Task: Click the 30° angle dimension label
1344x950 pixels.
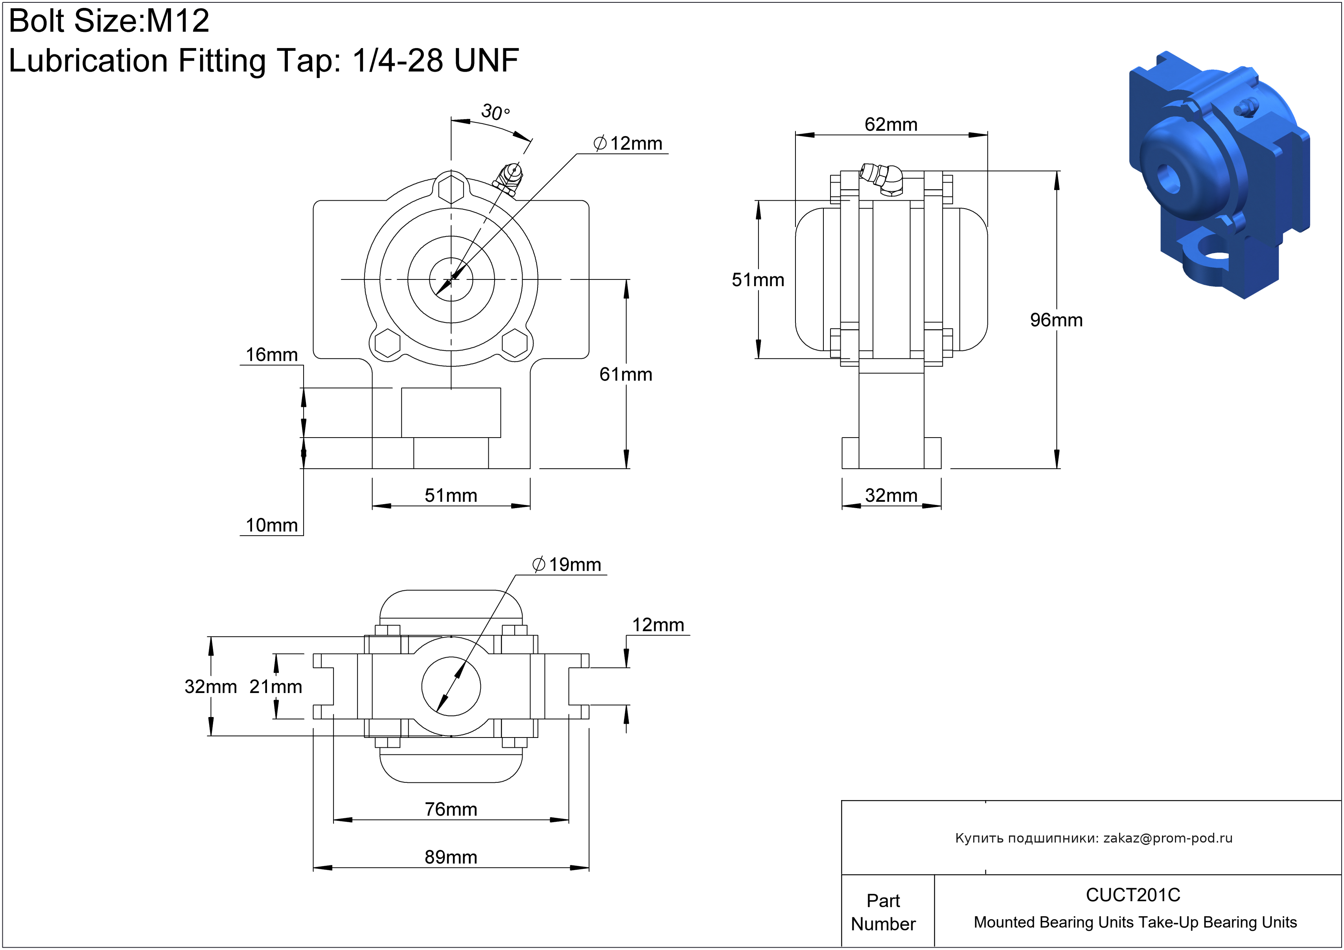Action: tap(495, 111)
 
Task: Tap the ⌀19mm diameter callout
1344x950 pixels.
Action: tap(567, 565)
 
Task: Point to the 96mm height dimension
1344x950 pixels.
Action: tap(1056, 320)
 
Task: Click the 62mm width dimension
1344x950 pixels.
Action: tap(891, 124)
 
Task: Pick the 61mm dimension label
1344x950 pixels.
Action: tap(625, 374)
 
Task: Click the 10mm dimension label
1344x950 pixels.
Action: tap(272, 525)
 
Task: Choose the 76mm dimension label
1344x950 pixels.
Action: tap(451, 810)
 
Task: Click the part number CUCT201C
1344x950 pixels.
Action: tap(1133, 895)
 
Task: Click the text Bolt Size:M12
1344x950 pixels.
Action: tap(109, 21)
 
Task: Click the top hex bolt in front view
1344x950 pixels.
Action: tap(451, 189)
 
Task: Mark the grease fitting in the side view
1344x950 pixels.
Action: tap(882, 177)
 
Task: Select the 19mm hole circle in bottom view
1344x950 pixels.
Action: tap(451, 686)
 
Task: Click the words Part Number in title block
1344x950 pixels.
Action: tap(883, 912)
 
